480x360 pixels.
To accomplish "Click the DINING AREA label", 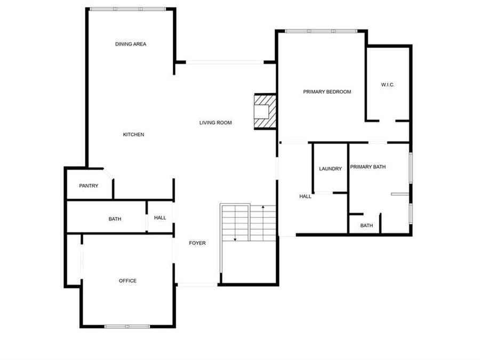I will click(x=131, y=44).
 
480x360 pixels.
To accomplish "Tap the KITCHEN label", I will click(x=133, y=134).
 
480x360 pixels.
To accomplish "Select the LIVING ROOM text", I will click(x=215, y=123).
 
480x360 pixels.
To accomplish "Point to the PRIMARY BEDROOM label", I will click(x=327, y=92).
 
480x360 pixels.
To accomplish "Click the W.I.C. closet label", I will click(x=388, y=85).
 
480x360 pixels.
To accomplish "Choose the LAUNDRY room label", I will click(x=330, y=169).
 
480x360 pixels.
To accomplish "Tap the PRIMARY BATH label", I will click(x=367, y=167).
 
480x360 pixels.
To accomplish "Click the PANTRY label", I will click(x=89, y=186).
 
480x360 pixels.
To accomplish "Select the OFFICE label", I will click(x=127, y=281).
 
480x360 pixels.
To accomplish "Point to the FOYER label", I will click(x=197, y=243).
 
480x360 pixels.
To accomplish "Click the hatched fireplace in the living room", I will click(x=265, y=111).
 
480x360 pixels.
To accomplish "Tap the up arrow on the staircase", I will click(x=263, y=207).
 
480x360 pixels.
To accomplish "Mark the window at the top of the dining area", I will click(x=127, y=9).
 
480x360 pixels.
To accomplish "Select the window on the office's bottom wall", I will click(x=127, y=326).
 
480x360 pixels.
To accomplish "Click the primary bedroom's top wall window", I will click(x=321, y=31).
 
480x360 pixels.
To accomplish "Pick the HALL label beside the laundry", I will click(x=305, y=196).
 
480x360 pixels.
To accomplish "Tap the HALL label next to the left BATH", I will click(x=160, y=218).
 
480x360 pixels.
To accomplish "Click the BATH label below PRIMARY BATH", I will click(x=366, y=226).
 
